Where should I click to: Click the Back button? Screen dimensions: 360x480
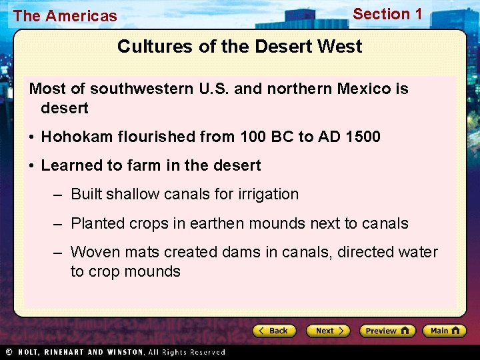coord(274,331)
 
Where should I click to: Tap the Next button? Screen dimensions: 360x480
coord(328,331)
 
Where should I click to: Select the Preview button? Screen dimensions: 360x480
coord(387,331)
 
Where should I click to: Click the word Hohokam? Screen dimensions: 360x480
coord(73,137)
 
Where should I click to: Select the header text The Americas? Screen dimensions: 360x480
coord(65,16)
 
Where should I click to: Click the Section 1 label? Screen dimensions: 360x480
coord(387,14)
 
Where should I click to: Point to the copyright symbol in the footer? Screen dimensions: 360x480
coord(9,352)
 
